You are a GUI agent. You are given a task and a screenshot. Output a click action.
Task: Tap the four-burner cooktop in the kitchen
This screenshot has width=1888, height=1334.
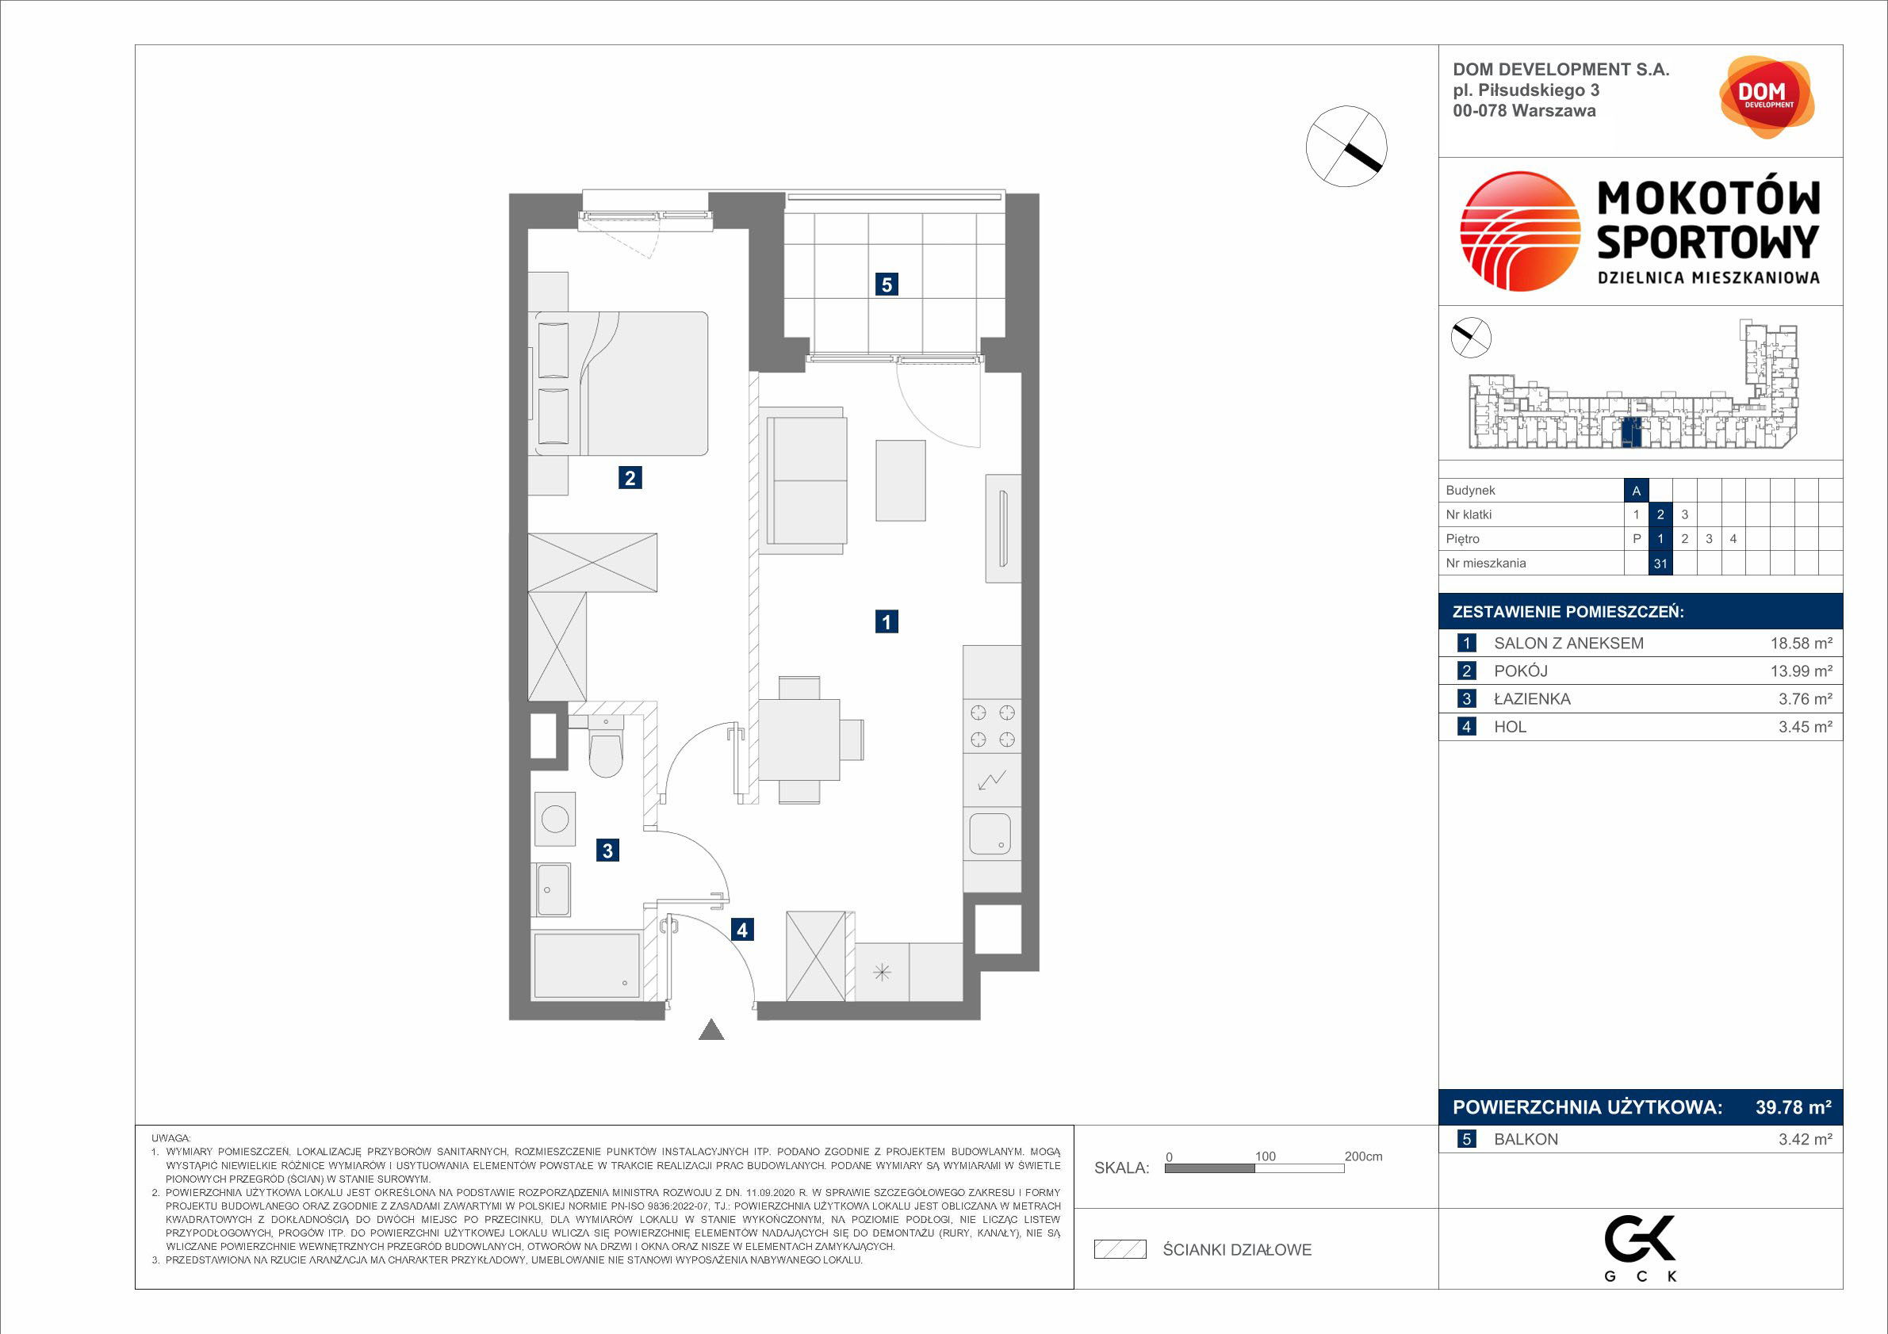992,726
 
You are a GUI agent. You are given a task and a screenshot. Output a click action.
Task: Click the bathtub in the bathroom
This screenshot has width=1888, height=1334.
586,965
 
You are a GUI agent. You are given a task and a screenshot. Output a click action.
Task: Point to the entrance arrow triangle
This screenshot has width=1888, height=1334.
711,1030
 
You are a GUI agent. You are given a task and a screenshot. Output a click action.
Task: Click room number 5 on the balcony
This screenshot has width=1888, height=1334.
887,285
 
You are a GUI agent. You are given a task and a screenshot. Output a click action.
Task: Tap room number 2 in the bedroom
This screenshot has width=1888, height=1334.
630,477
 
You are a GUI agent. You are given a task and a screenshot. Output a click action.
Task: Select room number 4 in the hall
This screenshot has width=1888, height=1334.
741,930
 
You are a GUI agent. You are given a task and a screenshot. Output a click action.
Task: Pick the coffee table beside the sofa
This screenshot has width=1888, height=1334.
901,481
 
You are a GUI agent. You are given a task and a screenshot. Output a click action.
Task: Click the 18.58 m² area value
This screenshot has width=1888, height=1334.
1801,644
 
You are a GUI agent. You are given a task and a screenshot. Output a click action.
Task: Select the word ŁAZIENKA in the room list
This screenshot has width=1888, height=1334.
1532,698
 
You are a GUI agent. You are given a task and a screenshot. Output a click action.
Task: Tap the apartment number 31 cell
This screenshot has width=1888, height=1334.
1660,563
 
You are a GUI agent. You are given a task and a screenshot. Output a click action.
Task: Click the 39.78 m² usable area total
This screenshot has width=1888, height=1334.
1794,1107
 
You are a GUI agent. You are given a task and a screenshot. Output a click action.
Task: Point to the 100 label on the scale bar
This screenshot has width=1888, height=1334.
1265,1156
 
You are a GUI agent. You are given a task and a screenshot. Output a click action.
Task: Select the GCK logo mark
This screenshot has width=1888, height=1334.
1640,1238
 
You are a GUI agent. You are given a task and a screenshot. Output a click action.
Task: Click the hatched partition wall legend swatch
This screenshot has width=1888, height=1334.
1120,1249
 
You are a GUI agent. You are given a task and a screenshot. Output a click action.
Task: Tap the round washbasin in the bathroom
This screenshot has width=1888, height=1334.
554,819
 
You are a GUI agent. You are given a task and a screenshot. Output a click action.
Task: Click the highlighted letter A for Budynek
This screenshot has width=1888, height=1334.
1637,491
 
